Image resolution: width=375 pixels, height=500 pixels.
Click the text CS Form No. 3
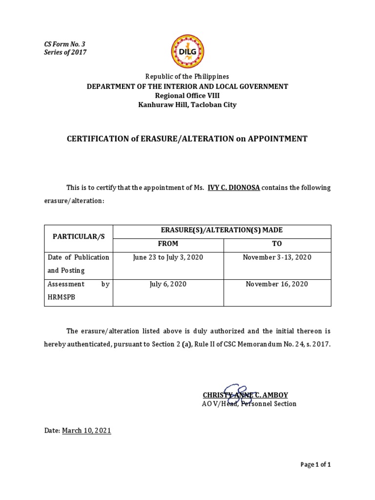coord(64,44)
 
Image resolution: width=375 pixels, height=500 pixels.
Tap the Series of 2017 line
coord(65,52)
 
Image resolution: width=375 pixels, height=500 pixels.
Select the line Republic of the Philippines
coord(187,77)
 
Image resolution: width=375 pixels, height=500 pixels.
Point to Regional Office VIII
coord(187,95)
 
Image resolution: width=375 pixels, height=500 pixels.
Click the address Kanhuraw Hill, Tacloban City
coord(187,104)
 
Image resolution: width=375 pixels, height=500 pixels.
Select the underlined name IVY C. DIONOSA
coord(234,187)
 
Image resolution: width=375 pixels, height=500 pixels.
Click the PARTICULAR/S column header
coord(79,236)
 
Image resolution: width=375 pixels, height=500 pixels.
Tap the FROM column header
coord(168,244)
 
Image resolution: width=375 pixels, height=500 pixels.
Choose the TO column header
coord(277,244)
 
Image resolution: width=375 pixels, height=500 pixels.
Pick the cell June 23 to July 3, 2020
coord(168,257)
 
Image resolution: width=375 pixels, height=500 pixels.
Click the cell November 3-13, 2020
coord(277,257)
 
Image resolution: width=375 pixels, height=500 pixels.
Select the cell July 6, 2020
coord(168,284)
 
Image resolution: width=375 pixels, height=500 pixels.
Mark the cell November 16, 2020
coord(277,284)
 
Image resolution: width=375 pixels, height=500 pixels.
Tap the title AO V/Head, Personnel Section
coord(249,404)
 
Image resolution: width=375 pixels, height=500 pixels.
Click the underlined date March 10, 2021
coord(86,431)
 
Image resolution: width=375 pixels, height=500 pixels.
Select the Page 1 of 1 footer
coord(316,465)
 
